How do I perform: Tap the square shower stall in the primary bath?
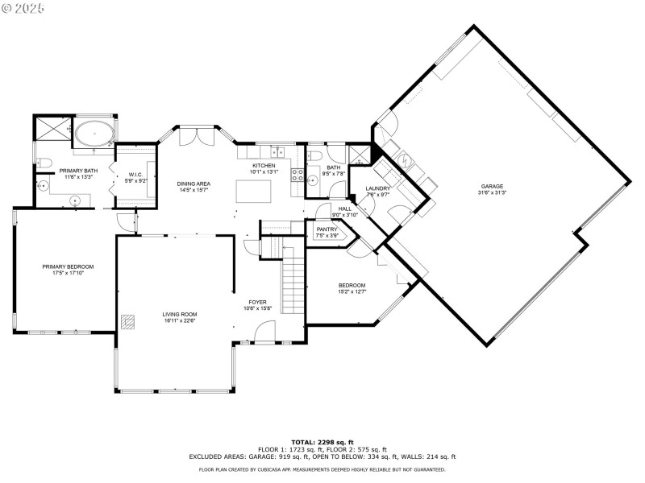click(53, 131)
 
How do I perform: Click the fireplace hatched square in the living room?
click(127, 320)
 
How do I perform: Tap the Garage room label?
click(492, 186)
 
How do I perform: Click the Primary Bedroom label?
click(69, 266)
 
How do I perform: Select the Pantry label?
click(327, 229)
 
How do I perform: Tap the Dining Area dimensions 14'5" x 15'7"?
click(193, 190)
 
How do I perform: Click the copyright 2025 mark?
click(24, 7)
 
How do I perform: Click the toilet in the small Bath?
click(316, 154)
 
